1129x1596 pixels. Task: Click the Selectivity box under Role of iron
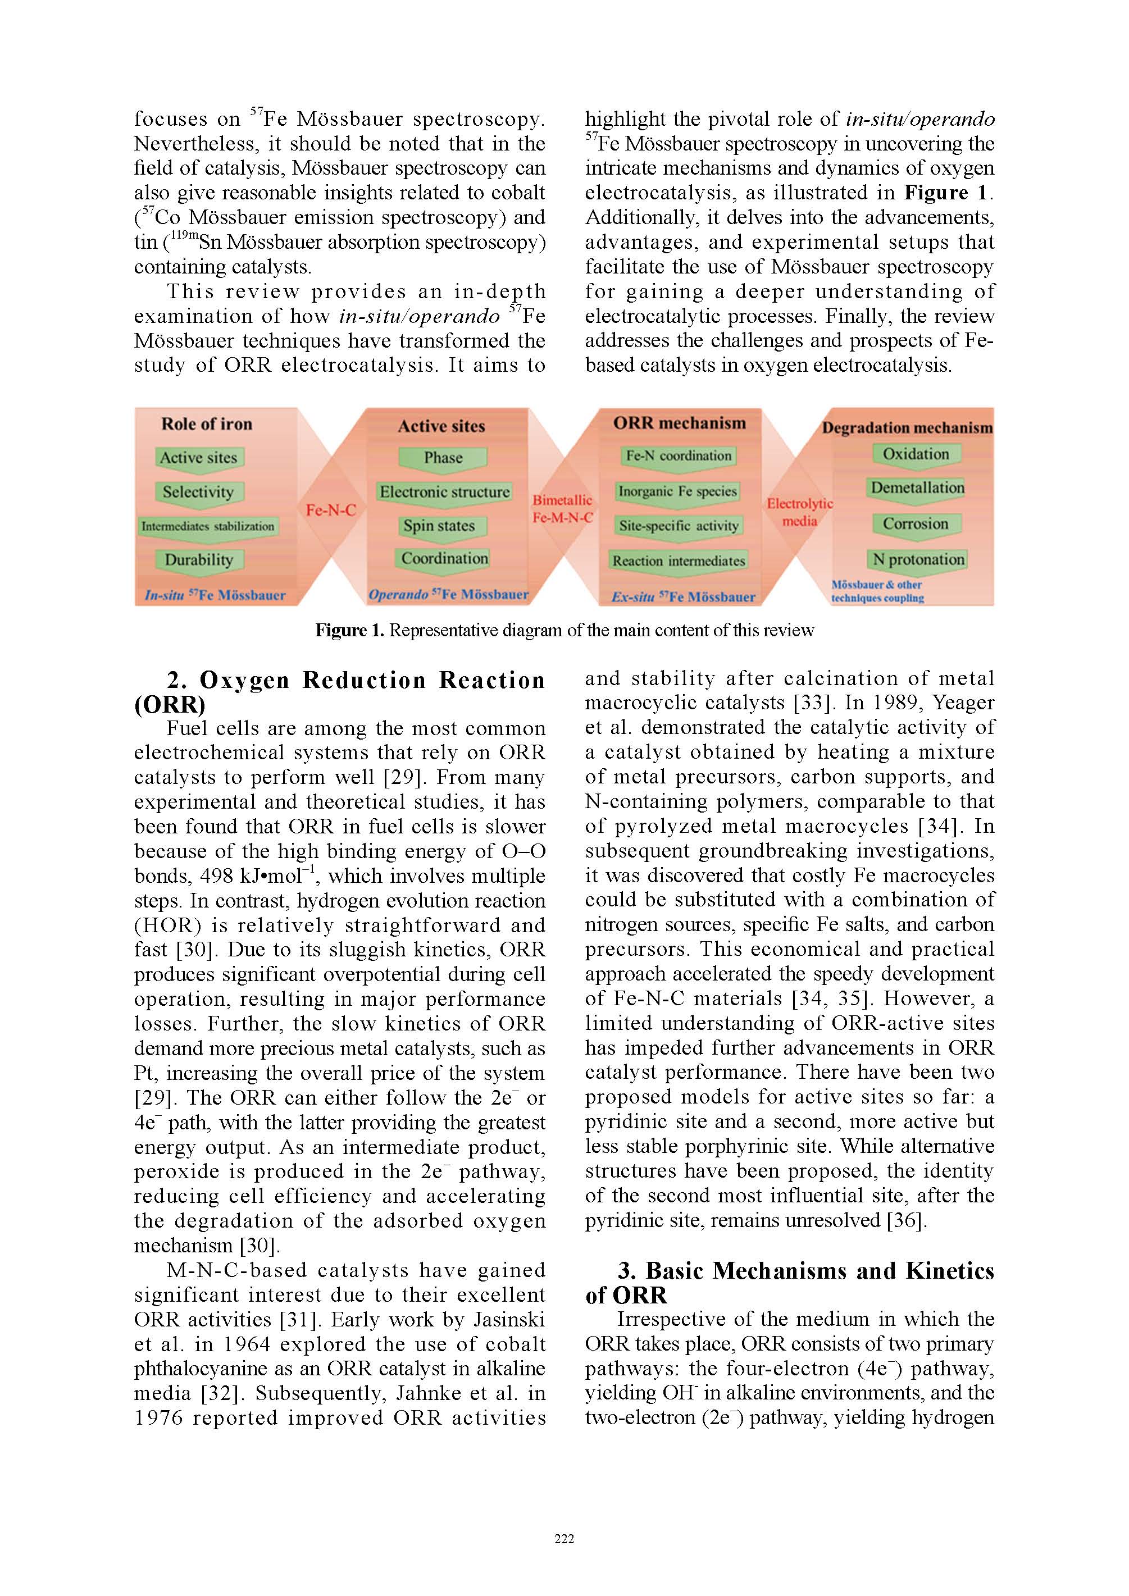tap(198, 492)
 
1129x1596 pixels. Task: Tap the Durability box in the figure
tap(199, 559)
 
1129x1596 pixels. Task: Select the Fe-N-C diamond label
tap(331, 510)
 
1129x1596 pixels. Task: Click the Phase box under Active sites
tap(443, 457)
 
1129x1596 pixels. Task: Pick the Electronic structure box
tap(444, 492)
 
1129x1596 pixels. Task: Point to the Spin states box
tap(439, 526)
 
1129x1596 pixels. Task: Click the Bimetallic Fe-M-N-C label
tap(562, 509)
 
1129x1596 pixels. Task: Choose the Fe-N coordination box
tap(679, 456)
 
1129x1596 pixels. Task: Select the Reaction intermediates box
tap(679, 561)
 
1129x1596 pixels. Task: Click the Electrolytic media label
tap(799, 512)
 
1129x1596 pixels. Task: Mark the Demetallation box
tap(918, 488)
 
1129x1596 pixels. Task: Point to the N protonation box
tap(918, 559)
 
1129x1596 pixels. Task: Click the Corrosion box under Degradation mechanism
tap(916, 524)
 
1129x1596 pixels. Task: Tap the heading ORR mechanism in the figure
tap(679, 423)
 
